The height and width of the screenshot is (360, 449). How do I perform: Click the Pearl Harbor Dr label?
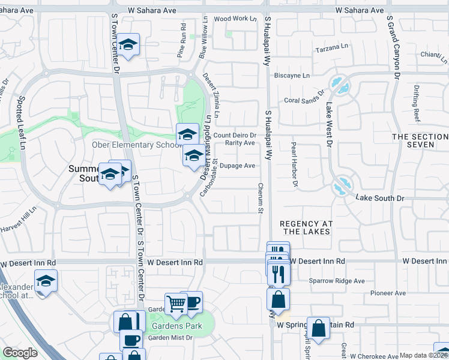coord(295,164)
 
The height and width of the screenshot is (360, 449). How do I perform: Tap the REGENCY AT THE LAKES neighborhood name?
coord(306,227)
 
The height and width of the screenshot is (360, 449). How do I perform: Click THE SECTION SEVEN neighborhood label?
coord(420,141)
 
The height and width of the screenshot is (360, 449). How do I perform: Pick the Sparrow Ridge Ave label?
coord(337,280)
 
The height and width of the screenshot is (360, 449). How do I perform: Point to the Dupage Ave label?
coord(238,166)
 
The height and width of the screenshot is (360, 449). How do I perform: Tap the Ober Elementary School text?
coord(136,145)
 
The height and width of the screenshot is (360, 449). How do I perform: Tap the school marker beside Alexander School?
coord(46,281)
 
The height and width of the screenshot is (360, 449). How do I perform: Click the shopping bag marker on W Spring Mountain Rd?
coord(319,328)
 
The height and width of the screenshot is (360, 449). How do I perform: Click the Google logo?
coord(20,353)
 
